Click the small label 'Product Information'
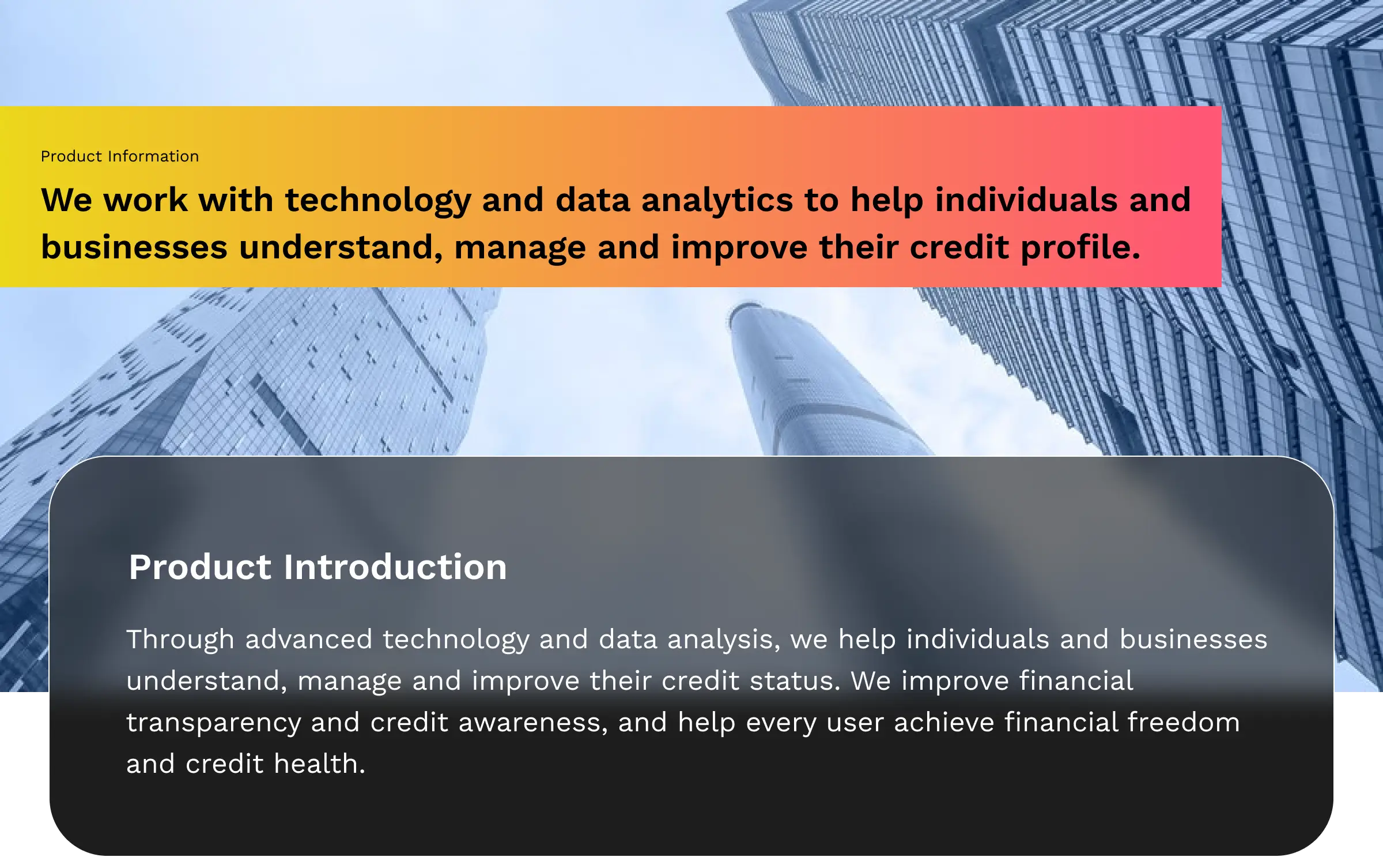point(120,156)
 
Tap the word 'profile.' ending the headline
point(1080,248)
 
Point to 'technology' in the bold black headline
point(378,201)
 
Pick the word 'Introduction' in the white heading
point(395,567)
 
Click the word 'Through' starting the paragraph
point(180,640)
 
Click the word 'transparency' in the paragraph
point(214,723)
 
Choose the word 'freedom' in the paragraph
point(1184,722)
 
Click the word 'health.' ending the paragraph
point(319,764)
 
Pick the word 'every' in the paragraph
point(781,723)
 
